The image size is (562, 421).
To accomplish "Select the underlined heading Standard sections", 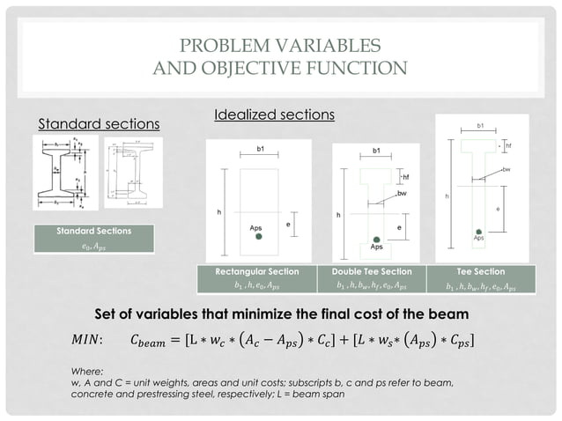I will tap(99, 123).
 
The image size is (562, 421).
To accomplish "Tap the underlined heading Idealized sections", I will tap(274, 115).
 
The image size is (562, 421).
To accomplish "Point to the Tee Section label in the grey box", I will tap(482, 271).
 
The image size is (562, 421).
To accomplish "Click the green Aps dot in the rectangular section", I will tap(258, 237).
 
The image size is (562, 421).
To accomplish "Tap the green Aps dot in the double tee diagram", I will tap(376, 239).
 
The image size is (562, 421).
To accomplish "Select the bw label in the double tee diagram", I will tap(402, 191).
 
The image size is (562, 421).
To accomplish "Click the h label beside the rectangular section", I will tap(219, 211).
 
